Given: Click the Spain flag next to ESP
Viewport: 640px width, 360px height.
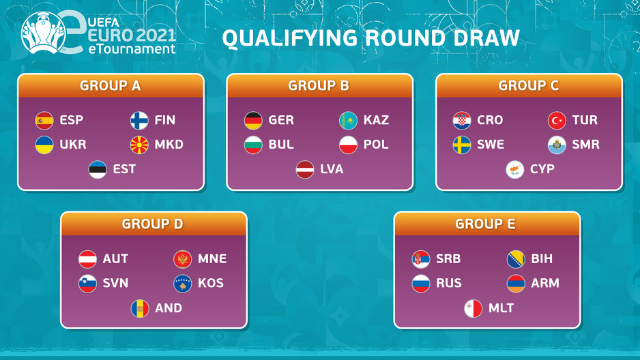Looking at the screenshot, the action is tap(44, 121).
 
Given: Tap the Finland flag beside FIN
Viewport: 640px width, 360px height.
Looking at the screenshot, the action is tap(139, 121).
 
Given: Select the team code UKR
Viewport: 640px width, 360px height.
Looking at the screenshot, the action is tap(73, 145).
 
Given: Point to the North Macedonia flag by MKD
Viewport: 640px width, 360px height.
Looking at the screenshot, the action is tap(139, 145).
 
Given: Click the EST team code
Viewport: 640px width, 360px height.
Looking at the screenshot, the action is tap(124, 169).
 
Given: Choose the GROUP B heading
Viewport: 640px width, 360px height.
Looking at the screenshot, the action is tap(319, 86).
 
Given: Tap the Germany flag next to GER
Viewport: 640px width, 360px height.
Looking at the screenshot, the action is tap(253, 121).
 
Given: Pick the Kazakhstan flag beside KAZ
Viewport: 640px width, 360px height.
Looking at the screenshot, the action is tap(348, 121).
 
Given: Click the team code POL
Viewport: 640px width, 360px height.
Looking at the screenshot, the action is tap(376, 145).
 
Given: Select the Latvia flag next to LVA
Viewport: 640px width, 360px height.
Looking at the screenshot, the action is tap(305, 170).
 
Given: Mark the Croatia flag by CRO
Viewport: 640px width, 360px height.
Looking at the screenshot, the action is tap(462, 121).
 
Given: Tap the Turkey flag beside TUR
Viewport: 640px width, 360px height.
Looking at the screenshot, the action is tap(557, 121).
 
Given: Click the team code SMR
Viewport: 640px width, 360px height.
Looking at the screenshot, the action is tap(585, 145).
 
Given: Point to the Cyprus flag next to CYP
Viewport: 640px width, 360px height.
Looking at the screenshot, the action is tap(515, 170).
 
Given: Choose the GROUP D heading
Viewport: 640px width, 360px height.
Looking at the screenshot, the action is tap(152, 224).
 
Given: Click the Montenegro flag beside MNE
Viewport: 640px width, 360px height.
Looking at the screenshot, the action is tap(182, 259).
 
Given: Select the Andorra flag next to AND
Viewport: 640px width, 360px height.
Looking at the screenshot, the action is tap(140, 309).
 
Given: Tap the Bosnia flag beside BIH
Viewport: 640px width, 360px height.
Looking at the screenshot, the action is tap(516, 259).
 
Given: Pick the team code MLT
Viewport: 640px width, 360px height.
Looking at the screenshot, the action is tap(501, 307).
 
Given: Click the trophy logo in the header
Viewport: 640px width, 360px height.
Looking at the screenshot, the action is tap(43, 33).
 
